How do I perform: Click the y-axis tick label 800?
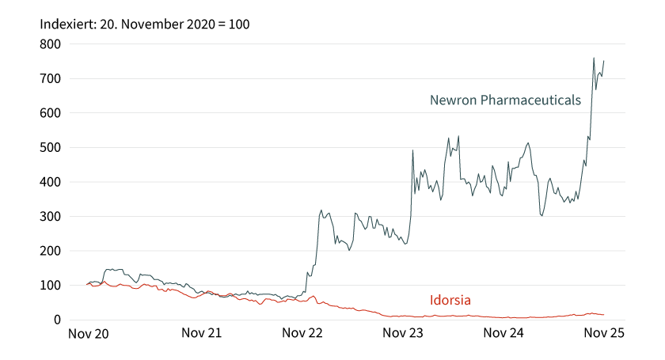pyautogui.click(x=51, y=44)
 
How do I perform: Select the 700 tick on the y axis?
pyautogui.click(x=51, y=79)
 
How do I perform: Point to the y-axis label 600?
pyautogui.click(x=51, y=113)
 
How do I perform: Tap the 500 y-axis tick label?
pyautogui.click(x=51, y=148)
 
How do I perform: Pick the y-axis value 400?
pyautogui.click(x=51, y=182)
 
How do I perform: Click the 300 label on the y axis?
pyautogui.click(x=51, y=217)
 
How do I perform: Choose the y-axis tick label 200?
pyautogui.click(x=51, y=251)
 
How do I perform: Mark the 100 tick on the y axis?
pyautogui.click(x=51, y=286)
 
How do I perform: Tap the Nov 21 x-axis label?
pyautogui.click(x=201, y=334)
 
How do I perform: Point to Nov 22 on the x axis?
pyautogui.click(x=302, y=334)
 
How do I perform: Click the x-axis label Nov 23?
pyautogui.click(x=403, y=334)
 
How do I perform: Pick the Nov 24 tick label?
pyautogui.click(x=504, y=334)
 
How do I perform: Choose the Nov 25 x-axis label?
pyautogui.click(x=605, y=334)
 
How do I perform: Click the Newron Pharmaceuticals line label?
pyautogui.click(x=505, y=100)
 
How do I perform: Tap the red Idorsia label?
pyautogui.click(x=450, y=300)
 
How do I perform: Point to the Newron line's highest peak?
pyautogui.click(x=594, y=58)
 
